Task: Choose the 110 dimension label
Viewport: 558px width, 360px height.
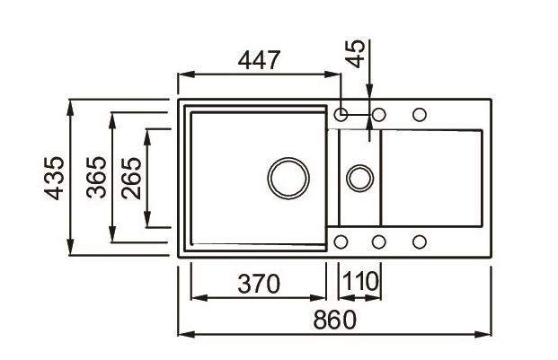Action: click(x=361, y=284)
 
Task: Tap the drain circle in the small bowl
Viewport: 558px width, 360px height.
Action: click(x=360, y=175)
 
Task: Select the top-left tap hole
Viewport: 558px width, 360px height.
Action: click(x=341, y=114)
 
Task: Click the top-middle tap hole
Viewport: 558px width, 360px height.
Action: click(x=379, y=114)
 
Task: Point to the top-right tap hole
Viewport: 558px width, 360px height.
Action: click(x=419, y=114)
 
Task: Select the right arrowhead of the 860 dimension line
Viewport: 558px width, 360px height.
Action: click(x=492, y=335)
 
